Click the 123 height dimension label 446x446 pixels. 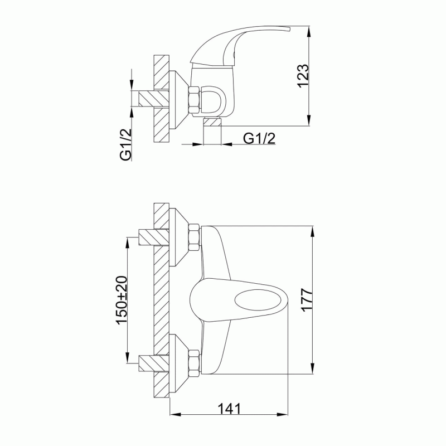(303, 76)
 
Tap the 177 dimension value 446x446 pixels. (308, 300)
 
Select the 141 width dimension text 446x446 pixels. (229, 409)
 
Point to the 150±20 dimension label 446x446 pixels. (122, 300)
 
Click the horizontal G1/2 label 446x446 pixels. (259, 138)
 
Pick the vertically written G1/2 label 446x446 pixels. (126, 145)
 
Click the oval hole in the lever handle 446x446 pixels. (258, 301)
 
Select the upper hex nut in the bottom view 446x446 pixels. (193, 237)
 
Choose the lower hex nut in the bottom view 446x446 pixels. (193, 364)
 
